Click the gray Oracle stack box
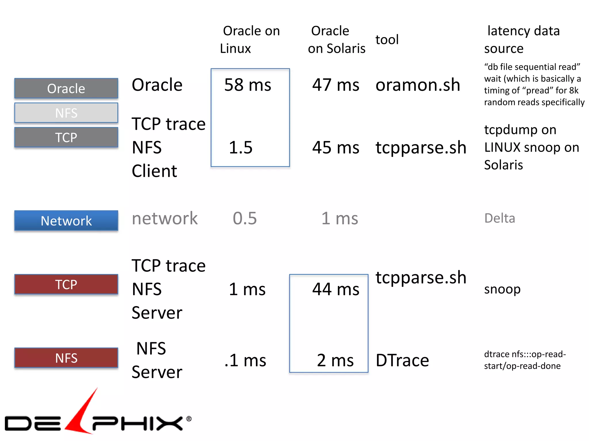click(66, 88)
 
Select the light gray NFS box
click(66, 113)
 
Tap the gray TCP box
click(66, 137)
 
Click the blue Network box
click(66, 220)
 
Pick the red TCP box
click(66, 284)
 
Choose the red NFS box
click(66, 358)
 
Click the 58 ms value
click(248, 85)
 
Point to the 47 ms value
click(336, 85)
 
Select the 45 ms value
click(336, 148)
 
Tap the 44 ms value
click(336, 289)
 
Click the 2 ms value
click(335, 360)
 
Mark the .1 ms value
click(245, 360)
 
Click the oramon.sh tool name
click(418, 85)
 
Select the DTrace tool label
click(402, 360)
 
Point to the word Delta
click(500, 218)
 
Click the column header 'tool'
click(387, 40)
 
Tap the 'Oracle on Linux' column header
click(250, 40)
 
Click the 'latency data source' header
click(522, 40)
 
